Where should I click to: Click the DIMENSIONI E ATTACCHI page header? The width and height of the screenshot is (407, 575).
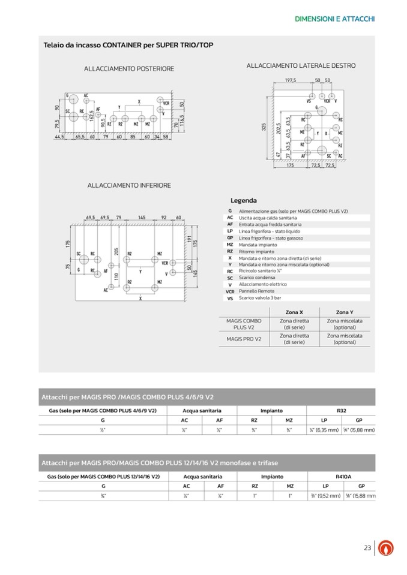tap(335, 19)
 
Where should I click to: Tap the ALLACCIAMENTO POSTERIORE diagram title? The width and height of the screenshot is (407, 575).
tap(129, 69)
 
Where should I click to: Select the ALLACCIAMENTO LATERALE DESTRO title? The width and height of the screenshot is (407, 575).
tap(301, 65)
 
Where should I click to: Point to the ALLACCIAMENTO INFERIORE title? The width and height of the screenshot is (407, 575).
tap(129, 185)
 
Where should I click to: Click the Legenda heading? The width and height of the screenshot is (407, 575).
tap(244, 200)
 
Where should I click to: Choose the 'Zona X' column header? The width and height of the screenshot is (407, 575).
tap(294, 312)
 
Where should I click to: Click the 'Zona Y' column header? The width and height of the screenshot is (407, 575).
tap(345, 312)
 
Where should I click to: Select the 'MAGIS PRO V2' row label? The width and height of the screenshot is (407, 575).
tap(244, 339)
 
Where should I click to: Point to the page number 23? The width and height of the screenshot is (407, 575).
tap(368, 547)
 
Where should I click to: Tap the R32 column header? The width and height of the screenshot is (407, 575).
tap(342, 411)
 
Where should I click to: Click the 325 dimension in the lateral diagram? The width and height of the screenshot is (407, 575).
tap(264, 127)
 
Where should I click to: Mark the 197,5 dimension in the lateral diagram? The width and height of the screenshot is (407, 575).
tap(291, 80)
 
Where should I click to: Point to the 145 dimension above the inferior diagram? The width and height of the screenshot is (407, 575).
tap(142, 218)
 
